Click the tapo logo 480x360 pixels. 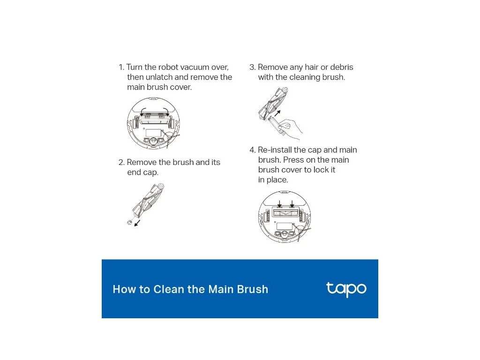click(x=346, y=289)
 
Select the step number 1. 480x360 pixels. click(x=121, y=67)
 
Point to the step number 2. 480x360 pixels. click(x=121, y=162)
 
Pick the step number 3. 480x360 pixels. click(x=252, y=67)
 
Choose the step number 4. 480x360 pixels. click(x=253, y=150)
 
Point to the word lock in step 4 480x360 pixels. click(x=321, y=170)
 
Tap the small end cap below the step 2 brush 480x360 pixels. click(x=129, y=222)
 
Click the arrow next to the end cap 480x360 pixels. click(x=137, y=223)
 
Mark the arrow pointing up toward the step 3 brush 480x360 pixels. click(x=277, y=113)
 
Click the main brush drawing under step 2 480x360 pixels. click(x=148, y=200)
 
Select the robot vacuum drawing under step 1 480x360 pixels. click(x=153, y=123)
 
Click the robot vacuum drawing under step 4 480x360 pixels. click(x=285, y=217)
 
